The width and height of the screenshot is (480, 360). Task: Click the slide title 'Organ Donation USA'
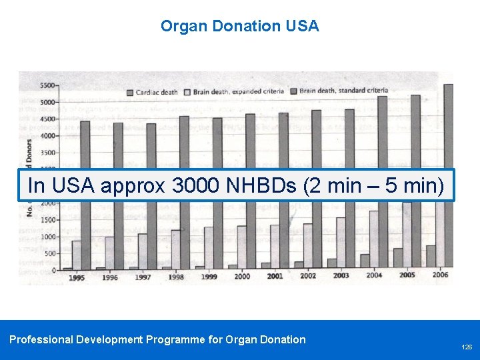click(x=240, y=27)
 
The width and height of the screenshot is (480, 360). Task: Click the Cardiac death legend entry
click(x=153, y=91)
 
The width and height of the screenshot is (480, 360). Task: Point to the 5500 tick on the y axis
click(x=48, y=85)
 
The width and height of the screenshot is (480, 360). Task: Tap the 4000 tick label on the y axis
click(x=48, y=136)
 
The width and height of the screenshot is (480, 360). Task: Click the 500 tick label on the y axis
click(x=50, y=254)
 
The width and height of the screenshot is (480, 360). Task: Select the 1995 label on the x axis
click(x=77, y=277)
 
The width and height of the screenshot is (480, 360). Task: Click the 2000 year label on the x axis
click(x=242, y=276)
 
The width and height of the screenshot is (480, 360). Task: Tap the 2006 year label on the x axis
click(x=440, y=275)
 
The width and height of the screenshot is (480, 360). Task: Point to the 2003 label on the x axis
click(x=341, y=275)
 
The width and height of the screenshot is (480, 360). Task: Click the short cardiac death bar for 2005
click(x=398, y=257)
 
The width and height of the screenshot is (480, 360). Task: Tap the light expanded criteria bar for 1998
click(x=176, y=247)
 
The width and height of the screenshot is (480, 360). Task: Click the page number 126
click(x=466, y=347)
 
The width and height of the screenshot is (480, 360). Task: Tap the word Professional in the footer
click(x=41, y=339)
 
